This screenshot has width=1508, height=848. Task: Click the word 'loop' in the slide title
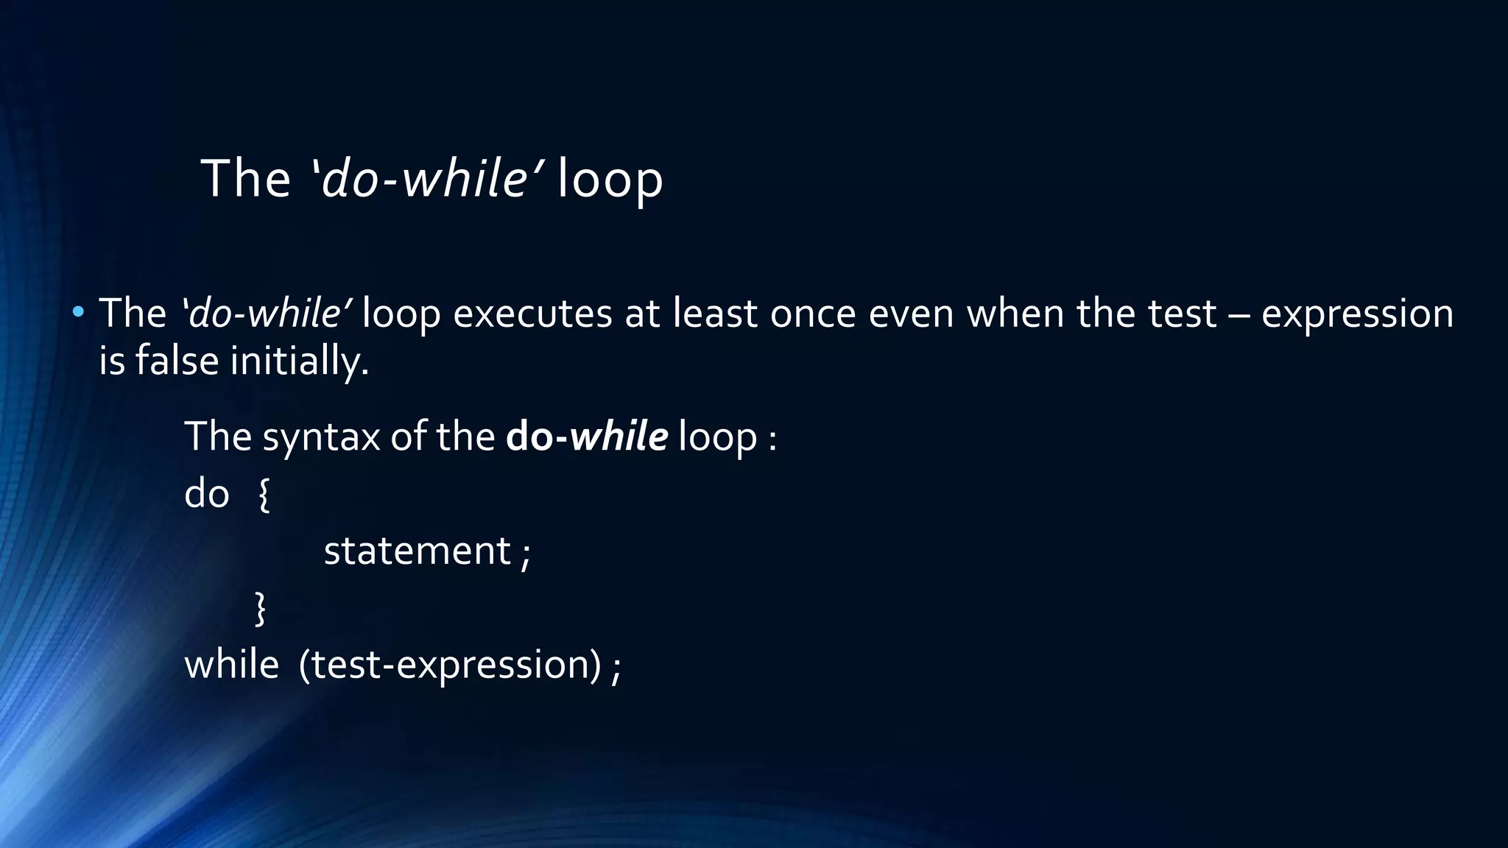click(610, 180)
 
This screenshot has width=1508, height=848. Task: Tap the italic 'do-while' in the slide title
click(423, 179)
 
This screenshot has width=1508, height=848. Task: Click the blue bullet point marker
click(78, 312)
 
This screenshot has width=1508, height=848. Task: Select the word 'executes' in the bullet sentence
click(532, 314)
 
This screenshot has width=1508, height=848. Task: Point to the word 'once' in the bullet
click(813, 314)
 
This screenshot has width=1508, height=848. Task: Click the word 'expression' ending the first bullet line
click(1357, 315)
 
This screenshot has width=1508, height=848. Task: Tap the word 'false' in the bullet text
click(177, 361)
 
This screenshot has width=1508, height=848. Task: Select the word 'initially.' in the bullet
click(300, 362)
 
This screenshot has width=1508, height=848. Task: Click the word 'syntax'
click(321, 437)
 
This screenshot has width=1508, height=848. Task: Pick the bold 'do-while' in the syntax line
click(587, 437)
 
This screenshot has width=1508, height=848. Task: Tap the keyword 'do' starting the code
click(207, 493)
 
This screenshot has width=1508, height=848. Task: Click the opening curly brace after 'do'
click(264, 495)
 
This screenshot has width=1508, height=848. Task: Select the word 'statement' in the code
click(417, 551)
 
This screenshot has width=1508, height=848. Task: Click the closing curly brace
click(260, 609)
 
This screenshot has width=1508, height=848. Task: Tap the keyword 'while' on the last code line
click(231, 665)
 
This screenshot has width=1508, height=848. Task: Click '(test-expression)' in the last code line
click(450, 665)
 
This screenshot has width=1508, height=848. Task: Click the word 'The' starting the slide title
click(246, 180)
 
